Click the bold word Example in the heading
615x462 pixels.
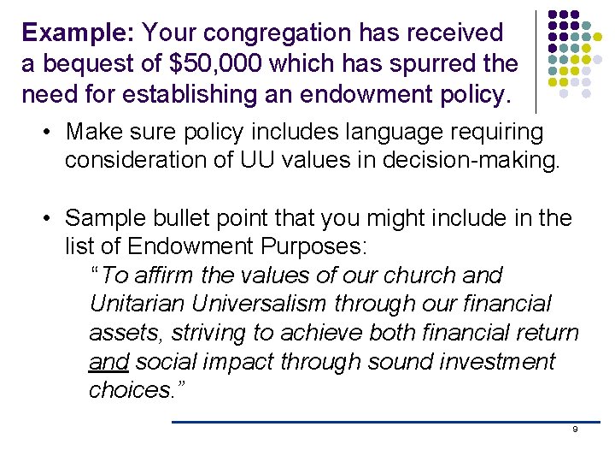76,33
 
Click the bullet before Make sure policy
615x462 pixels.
51,133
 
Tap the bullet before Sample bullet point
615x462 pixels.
51,219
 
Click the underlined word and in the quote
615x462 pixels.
108,362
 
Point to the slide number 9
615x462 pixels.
575,429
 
